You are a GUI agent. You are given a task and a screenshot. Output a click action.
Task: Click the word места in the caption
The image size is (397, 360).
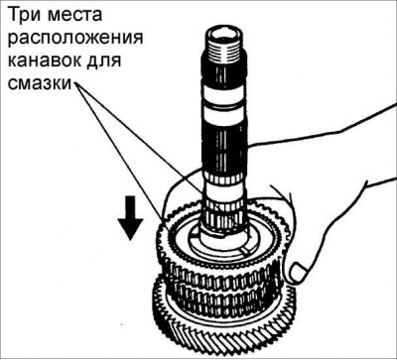coord(77,16)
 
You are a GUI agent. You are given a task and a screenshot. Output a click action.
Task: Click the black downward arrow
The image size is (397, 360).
coord(131,218)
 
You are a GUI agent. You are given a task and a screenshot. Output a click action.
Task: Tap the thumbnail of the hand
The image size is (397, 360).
coord(298,272)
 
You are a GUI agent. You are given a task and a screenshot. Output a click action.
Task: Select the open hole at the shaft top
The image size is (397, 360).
coord(222,34)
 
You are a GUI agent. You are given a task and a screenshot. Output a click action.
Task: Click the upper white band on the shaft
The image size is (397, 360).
coord(224,93)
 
